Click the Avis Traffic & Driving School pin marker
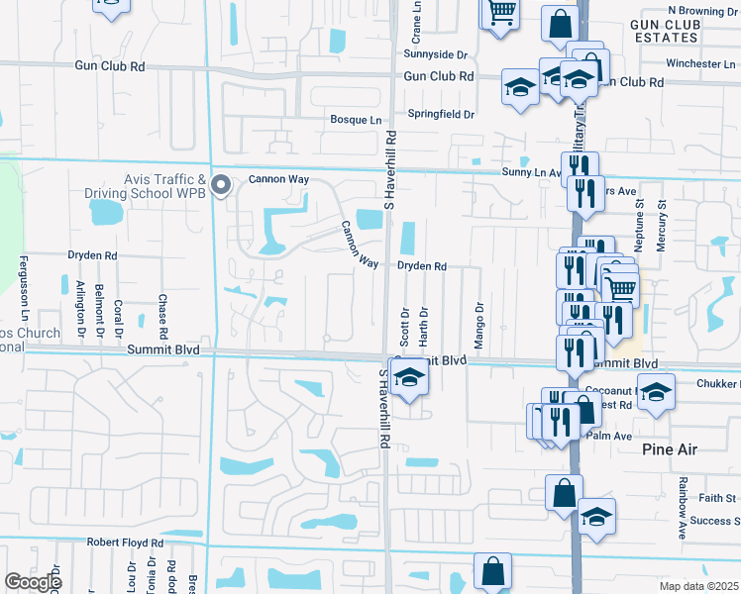(222, 185)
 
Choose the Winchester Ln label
(693, 63)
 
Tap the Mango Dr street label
(478, 320)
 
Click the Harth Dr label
(423, 324)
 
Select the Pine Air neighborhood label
(669, 449)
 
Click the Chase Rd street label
(161, 313)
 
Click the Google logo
(33, 582)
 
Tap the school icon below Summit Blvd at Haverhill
(407, 378)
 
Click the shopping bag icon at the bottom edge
(492, 571)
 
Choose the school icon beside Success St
(596, 518)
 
